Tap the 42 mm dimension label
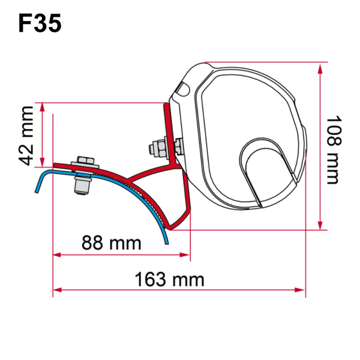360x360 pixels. pos(26,135)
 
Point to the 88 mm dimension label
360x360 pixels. pos(112,243)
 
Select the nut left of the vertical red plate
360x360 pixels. pos(157,146)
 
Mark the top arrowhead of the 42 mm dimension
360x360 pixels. pos(43,107)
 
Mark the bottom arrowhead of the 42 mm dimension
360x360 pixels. pos(43,161)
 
